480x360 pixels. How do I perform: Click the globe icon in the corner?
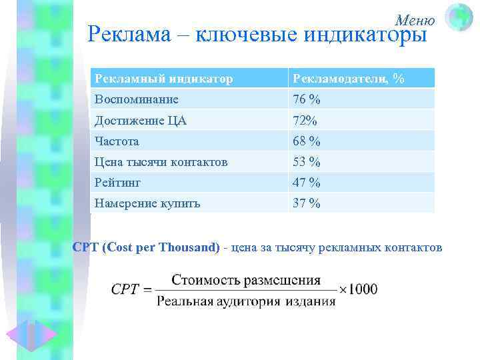[x=459, y=17]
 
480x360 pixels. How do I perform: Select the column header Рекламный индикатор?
[x=164, y=79]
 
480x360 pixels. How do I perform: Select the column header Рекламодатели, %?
[x=348, y=79]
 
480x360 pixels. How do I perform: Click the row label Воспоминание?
[x=137, y=99]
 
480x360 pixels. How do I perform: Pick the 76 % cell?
[x=307, y=99]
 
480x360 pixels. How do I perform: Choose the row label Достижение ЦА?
[x=141, y=121]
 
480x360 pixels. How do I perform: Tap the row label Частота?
[x=117, y=141]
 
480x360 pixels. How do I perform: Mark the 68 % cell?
[x=307, y=141]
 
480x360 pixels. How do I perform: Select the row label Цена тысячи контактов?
[x=161, y=162]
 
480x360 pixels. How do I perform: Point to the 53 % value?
[x=307, y=162]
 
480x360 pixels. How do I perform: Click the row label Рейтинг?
[x=118, y=182]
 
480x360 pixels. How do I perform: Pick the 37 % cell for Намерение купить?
[x=307, y=203]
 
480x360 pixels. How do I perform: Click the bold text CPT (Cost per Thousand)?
[x=146, y=247]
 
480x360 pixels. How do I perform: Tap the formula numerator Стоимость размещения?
[x=246, y=280]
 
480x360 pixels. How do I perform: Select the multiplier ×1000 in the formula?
[x=359, y=289]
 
